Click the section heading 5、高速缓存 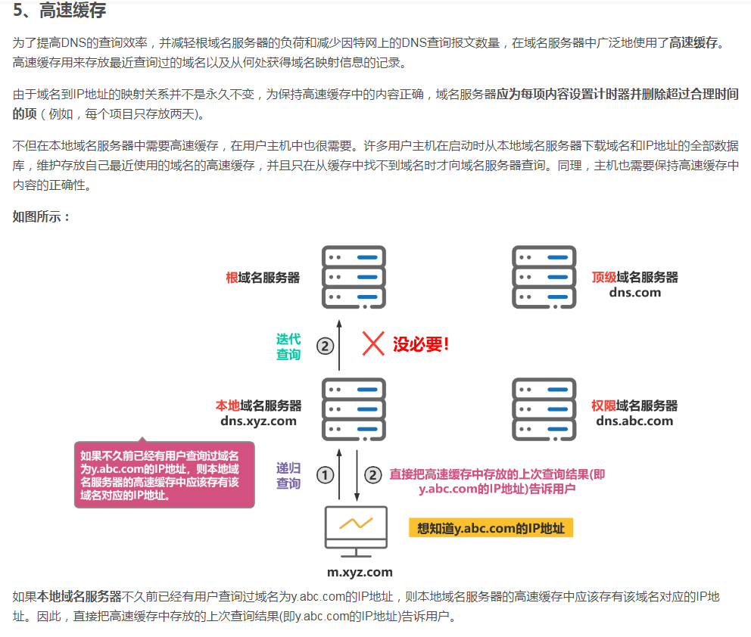click(60, 11)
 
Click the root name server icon click(354, 276)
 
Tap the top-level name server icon click(544, 276)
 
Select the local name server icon click(354, 409)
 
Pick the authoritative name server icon click(544, 409)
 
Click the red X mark click(373, 343)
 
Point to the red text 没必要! click(421, 345)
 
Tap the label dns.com click(634, 293)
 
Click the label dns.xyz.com click(258, 421)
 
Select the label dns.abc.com click(634, 421)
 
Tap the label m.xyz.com click(360, 572)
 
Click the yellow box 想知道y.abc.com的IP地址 click(491, 528)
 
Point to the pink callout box click(164, 475)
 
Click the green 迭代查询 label click(288, 346)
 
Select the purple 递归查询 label click(288, 475)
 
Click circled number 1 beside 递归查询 click(325, 475)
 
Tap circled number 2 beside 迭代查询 click(325, 346)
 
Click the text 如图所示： click(42, 217)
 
